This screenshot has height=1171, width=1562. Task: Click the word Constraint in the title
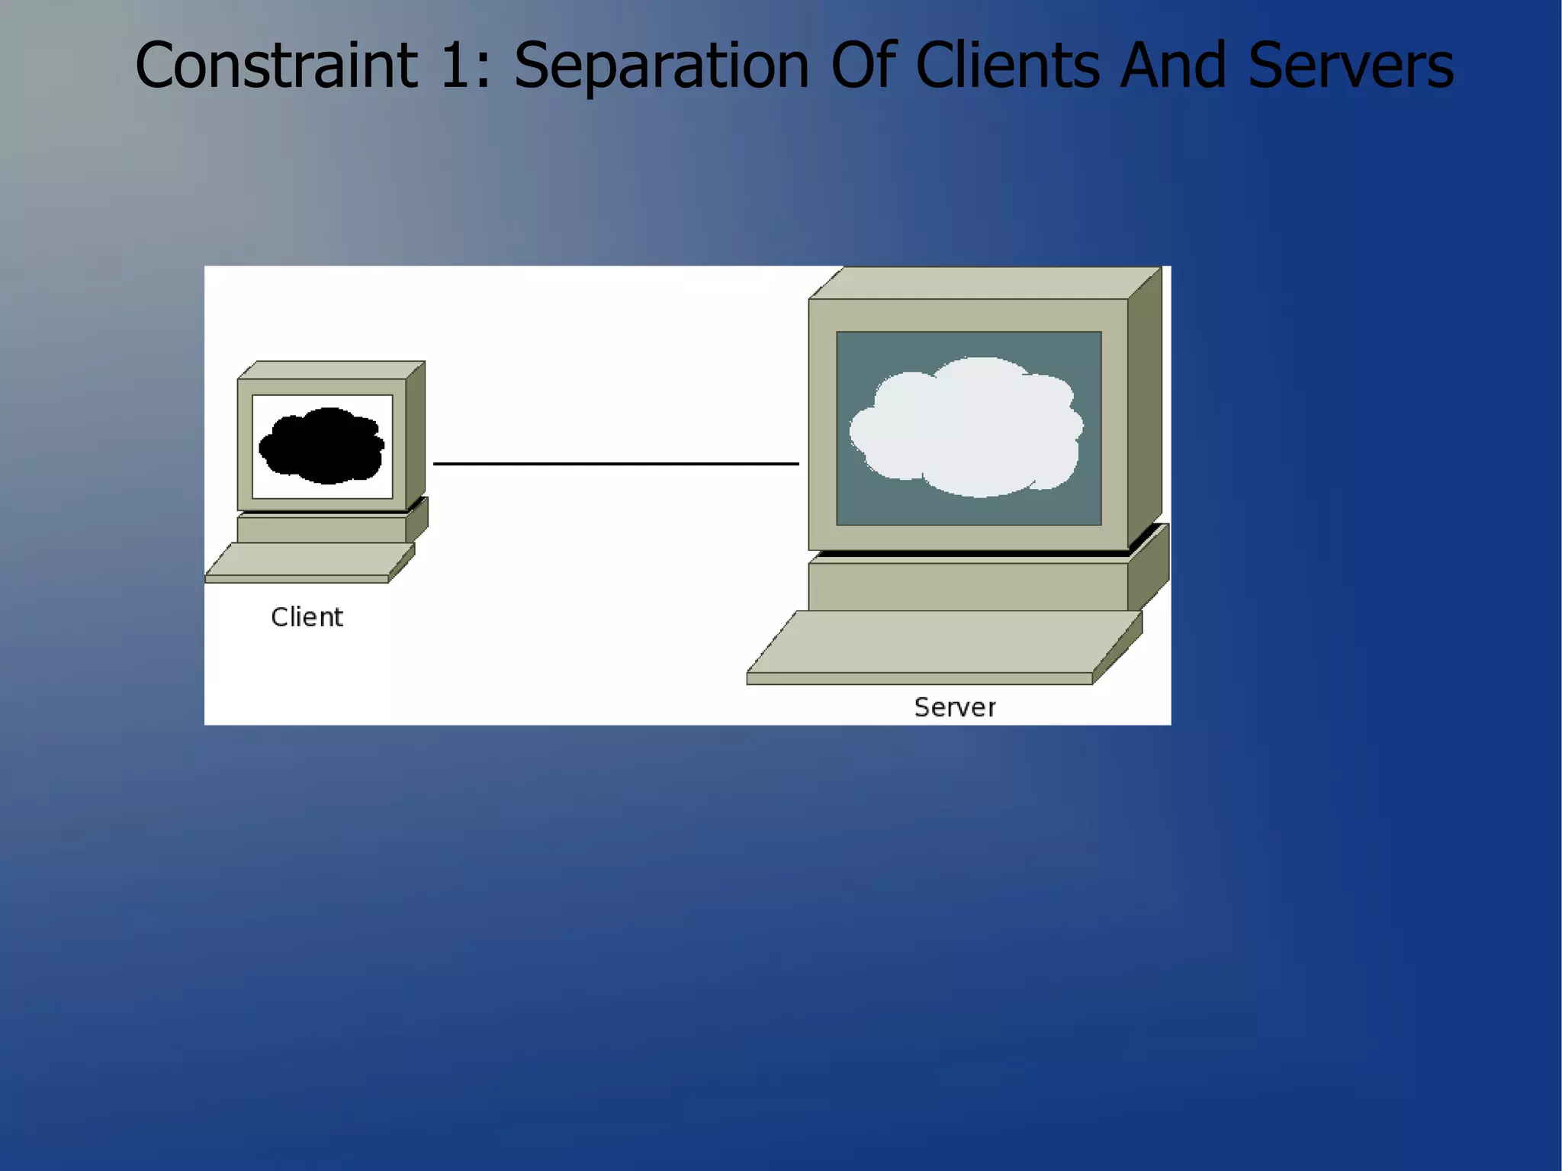276,66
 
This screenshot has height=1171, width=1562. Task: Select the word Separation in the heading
660,66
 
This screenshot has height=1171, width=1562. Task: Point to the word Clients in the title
1007,66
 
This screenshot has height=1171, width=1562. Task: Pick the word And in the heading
1173,66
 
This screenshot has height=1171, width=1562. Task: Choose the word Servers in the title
1351,66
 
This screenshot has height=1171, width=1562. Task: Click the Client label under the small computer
307,617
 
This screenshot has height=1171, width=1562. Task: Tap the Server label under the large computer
955,707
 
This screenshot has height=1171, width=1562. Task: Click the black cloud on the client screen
322,446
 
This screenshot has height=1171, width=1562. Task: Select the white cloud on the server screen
967,427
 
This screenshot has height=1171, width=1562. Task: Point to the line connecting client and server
615,463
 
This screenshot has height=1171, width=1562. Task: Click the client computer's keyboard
309,561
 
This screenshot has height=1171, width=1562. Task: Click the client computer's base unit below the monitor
321,529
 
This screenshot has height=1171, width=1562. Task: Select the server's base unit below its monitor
967,586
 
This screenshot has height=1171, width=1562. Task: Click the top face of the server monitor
984,283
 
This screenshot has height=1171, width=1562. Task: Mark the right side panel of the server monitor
1144,412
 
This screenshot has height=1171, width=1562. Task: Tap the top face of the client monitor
331,370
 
